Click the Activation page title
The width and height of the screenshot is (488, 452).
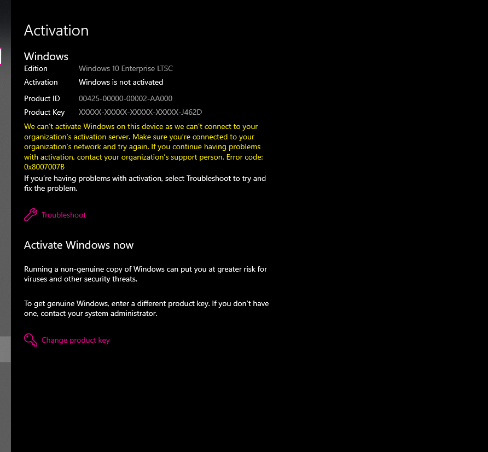56,31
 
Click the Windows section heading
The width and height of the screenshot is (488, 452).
46,56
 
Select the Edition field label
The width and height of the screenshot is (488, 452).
36,69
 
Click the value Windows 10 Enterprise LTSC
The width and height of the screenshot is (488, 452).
126,69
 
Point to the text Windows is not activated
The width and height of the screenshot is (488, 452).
121,83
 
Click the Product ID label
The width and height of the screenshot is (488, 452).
42,99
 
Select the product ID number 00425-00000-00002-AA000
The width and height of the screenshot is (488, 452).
125,99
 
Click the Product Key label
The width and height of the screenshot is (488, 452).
44,113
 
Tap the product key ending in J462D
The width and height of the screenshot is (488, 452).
140,113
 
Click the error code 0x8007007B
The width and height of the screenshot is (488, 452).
44,167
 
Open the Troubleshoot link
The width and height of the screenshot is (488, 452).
64,215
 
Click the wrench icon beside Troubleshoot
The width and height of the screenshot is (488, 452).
31,215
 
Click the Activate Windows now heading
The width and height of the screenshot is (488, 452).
79,245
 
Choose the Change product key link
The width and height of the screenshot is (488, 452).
75,341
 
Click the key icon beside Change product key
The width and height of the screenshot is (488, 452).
31,340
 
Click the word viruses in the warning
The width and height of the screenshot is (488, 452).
36,279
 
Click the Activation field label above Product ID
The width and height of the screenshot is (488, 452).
41,83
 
